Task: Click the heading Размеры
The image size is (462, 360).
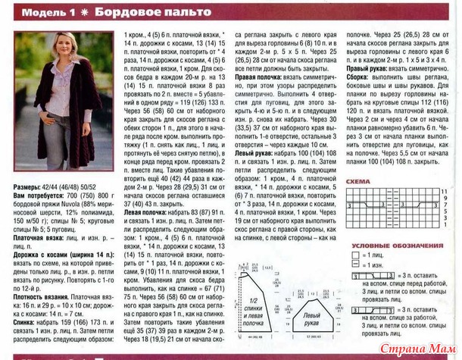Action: (29, 186)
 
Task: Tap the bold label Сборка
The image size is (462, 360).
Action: (357, 86)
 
